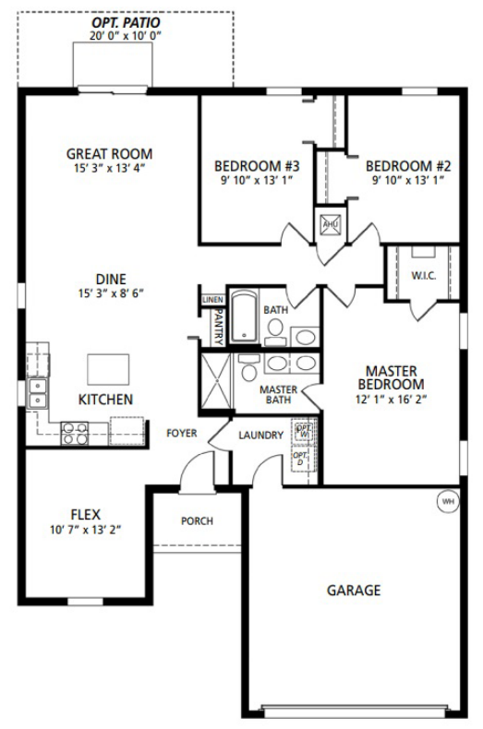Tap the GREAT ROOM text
click(x=110, y=153)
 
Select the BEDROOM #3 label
click(x=258, y=166)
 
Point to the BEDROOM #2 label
click(x=408, y=166)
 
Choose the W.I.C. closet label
click(x=422, y=275)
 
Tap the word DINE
click(x=110, y=279)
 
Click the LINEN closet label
click(x=211, y=298)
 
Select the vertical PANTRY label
click(x=218, y=327)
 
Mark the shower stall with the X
click(x=215, y=378)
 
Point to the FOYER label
click(x=181, y=433)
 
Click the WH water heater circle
click(x=448, y=501)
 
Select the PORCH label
click(x=197, y=521)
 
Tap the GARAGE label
click(x=353, y=591)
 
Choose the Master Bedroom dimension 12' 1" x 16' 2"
click(x=391, y=400)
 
